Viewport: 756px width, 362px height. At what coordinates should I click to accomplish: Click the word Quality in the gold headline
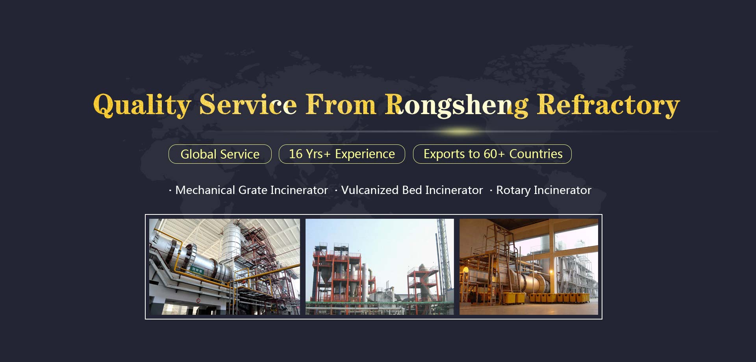(142, 105)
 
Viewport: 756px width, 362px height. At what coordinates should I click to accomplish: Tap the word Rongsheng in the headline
(457, 105)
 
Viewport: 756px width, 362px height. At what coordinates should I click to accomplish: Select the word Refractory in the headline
(608, 105)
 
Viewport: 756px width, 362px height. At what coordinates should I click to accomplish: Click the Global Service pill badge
(220, 154)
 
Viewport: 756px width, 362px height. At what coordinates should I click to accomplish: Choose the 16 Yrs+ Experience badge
(342, 154)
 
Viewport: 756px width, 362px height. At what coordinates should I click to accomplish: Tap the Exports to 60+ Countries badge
(492, 154)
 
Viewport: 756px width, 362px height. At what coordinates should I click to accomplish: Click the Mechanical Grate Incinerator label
(251, 190)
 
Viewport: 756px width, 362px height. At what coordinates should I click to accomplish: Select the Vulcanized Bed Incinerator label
(412, 190)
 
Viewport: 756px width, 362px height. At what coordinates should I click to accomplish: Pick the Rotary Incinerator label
(544, 190)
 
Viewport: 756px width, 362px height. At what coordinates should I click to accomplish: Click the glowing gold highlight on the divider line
(459, 131)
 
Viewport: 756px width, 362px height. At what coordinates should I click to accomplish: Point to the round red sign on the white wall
(198, 301)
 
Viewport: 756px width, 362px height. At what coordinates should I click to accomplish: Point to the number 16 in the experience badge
(296, 154)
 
